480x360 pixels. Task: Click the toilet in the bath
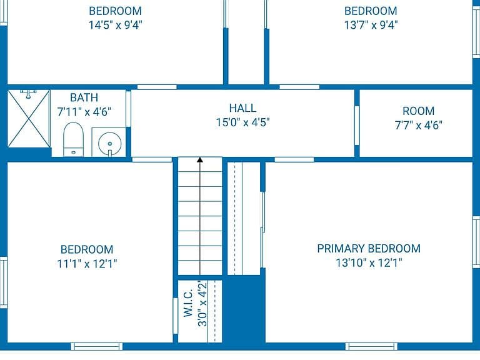pyautogui.click(x=74, y=139)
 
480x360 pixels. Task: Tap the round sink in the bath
pyautogui.click(x=109, y=144)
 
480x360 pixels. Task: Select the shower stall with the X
pyautogui.click(x=29, y=119)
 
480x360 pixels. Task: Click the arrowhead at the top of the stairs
pyautogui.click(x=200, y=159)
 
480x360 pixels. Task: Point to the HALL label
pyautogui.click(x=242, y=108)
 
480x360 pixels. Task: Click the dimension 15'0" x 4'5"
pyautogui.click(x=242, y=122)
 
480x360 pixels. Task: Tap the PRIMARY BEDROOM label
pyautogui.click(x=369, y=249)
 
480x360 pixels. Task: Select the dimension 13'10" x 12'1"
pyautogui.click(x=369, y=262)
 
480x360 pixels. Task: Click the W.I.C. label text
pyautogui.click(x=188, y=303)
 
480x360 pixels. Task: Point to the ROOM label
pyautogui.click(x=418, y=111)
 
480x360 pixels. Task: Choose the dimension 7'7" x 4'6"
pyautogui.click(x=418, y=125)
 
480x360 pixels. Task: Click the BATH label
pyautogui.click(x=84, y=97)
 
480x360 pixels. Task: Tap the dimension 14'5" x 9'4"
pyautogui.click(x=116, y=25)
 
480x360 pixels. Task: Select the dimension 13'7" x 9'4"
pyautogui.click(x=371, y=25)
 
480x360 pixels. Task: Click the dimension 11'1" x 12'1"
pyautogui.click(x=87, y=264)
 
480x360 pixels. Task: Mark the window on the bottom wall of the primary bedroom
pyautogui.click(x=371, y=346)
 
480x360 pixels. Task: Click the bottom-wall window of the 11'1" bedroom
pyautogui.click(x=97, y=346)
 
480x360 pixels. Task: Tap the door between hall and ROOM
pyautogui.click(x=357, y=125)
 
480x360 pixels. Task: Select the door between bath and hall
pyautogui.click(x=129, y=109)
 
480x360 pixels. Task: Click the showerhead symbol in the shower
pyautogui.click(x=28, y=94)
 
